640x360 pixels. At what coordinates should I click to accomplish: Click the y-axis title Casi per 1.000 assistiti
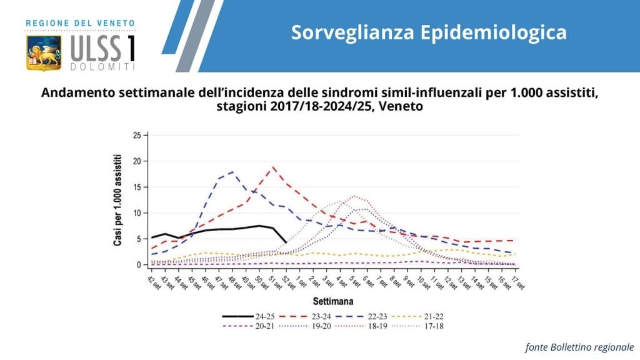click(117, 199)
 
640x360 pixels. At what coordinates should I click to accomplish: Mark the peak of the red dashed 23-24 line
click(272, 167)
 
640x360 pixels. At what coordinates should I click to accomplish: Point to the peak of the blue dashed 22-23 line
click(232, 172)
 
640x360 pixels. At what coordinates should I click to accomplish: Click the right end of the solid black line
click(286, 242)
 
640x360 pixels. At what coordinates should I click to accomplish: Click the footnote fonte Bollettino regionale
click(579, 346)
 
